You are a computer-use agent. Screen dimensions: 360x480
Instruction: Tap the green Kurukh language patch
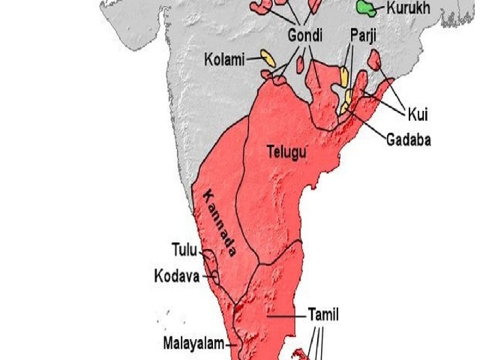click(x=367, y=8)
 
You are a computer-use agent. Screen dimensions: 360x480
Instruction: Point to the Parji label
click(x=363, y=34)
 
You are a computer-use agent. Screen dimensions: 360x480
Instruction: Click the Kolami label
click(x=224, y=59)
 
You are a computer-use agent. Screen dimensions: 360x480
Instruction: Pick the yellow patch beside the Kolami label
click(x=265, y=57)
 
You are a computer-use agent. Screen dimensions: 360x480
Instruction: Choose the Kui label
click(x=418, y=114)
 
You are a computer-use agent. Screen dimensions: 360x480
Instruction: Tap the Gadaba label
click(x=409, y=139)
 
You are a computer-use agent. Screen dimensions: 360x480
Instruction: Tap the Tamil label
click(x=323, y=315)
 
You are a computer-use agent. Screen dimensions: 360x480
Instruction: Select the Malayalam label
click(x=194, y=344)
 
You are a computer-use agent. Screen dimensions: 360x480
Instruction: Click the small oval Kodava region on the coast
click(x=215, y=276)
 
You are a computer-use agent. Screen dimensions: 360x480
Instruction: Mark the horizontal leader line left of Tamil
click(x=286, y=316)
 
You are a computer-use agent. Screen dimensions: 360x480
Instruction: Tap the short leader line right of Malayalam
click(x=232, y=344)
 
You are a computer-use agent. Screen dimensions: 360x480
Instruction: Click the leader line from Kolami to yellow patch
click(x=253, y=58)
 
